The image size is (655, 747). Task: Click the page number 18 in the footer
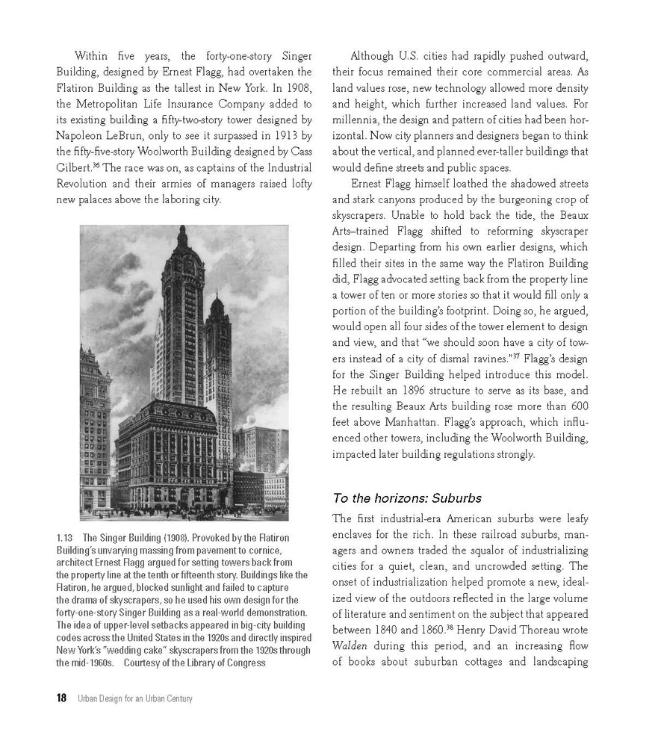[61, 698]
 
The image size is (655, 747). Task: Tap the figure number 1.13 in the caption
[65, 537]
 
